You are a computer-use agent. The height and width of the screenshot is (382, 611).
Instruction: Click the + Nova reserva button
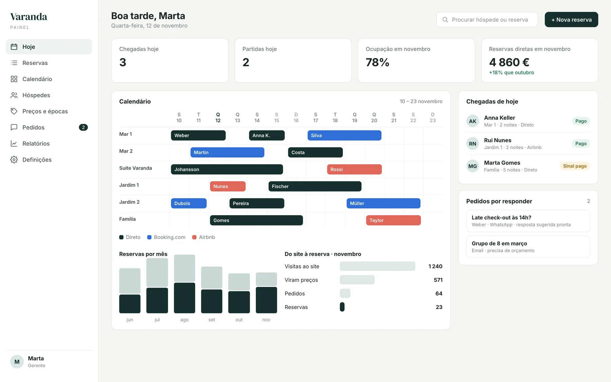tap(571, 20)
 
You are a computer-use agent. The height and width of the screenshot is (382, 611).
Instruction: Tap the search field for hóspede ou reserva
tap(487, 20)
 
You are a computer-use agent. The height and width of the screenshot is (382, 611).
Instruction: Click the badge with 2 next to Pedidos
tap(83, 127)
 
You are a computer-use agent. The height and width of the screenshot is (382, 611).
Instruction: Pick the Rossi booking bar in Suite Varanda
tap(354, 169)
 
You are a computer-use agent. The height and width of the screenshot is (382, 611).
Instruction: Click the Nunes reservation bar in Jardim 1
tap(228, 186)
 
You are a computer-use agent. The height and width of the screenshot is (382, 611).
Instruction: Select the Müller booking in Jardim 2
tap(384, 203)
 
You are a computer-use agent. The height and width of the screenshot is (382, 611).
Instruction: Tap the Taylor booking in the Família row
tap(393, 220)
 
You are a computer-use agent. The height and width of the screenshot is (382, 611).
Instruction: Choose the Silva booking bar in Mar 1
tap(345, 135)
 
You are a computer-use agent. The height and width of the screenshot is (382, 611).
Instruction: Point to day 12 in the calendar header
tap(218, 117)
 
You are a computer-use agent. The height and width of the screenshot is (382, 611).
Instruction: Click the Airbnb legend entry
tap(204, 237)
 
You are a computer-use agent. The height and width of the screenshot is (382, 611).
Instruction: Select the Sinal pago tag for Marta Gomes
tap(575, 166)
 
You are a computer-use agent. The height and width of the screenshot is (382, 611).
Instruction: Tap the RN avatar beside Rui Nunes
tap(473, 144)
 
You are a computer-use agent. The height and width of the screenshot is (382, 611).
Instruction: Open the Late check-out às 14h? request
tap(528, 221)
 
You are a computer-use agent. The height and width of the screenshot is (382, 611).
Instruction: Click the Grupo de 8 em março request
tap(528, 247)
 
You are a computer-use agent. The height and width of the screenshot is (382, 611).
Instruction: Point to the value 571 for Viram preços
tap(438, 280)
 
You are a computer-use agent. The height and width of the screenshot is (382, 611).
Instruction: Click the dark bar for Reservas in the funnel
tap(342, 307)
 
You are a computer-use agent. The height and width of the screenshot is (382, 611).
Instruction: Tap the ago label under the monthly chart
tap(184, 320)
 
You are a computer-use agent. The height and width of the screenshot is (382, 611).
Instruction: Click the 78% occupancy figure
tap(377, 62)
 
